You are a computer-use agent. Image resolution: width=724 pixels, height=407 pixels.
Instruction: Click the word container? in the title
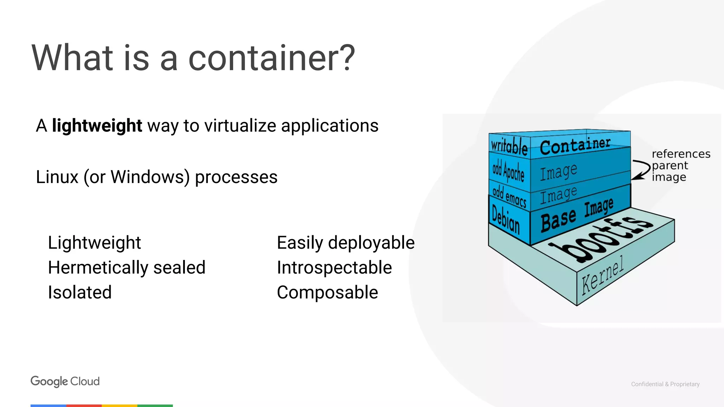(x=271, y=58)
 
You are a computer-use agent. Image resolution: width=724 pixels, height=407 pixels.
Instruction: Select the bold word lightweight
(x=97, y=126)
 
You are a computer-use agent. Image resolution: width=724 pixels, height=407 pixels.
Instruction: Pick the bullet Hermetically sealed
(x=127, y=267)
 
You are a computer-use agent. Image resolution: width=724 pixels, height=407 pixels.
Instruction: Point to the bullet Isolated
(x=80, y=293)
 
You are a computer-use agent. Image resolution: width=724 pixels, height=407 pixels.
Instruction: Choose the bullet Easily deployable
(x=345, y=243)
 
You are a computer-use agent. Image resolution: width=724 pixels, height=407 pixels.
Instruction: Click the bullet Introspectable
(x=334, y=267)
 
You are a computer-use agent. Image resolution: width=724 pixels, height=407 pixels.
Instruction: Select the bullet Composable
(x=327, y=293)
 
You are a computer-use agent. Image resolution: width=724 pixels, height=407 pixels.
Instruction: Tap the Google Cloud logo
(x=65, y=381)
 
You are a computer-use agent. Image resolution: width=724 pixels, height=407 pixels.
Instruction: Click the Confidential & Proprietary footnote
(x=665, y=384)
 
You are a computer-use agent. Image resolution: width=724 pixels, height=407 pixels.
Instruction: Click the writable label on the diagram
(x=509, y=146)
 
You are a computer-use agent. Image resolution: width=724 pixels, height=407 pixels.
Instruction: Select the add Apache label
(x=508, y=171)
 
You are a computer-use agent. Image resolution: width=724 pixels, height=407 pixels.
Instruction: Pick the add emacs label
(x=509, y=196)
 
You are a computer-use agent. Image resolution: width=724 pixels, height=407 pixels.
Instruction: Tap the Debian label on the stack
(x=506, y=220)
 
